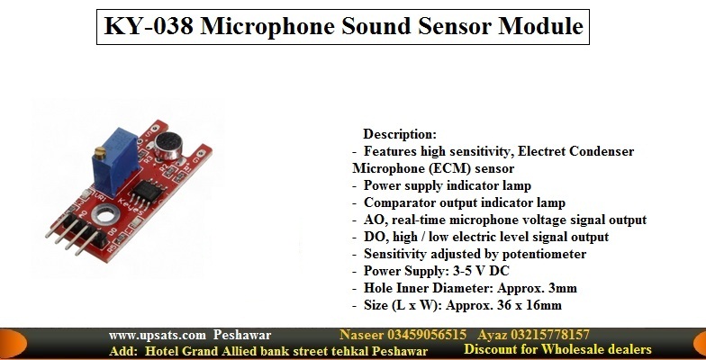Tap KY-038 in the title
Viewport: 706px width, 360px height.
149,26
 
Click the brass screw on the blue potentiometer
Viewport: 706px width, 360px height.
99,155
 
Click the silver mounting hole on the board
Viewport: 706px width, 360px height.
104,216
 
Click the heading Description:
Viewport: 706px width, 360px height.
400,134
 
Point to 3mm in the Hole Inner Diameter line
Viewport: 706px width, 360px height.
563,288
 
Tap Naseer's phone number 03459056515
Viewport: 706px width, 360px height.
427,335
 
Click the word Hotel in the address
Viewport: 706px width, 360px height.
160,351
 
